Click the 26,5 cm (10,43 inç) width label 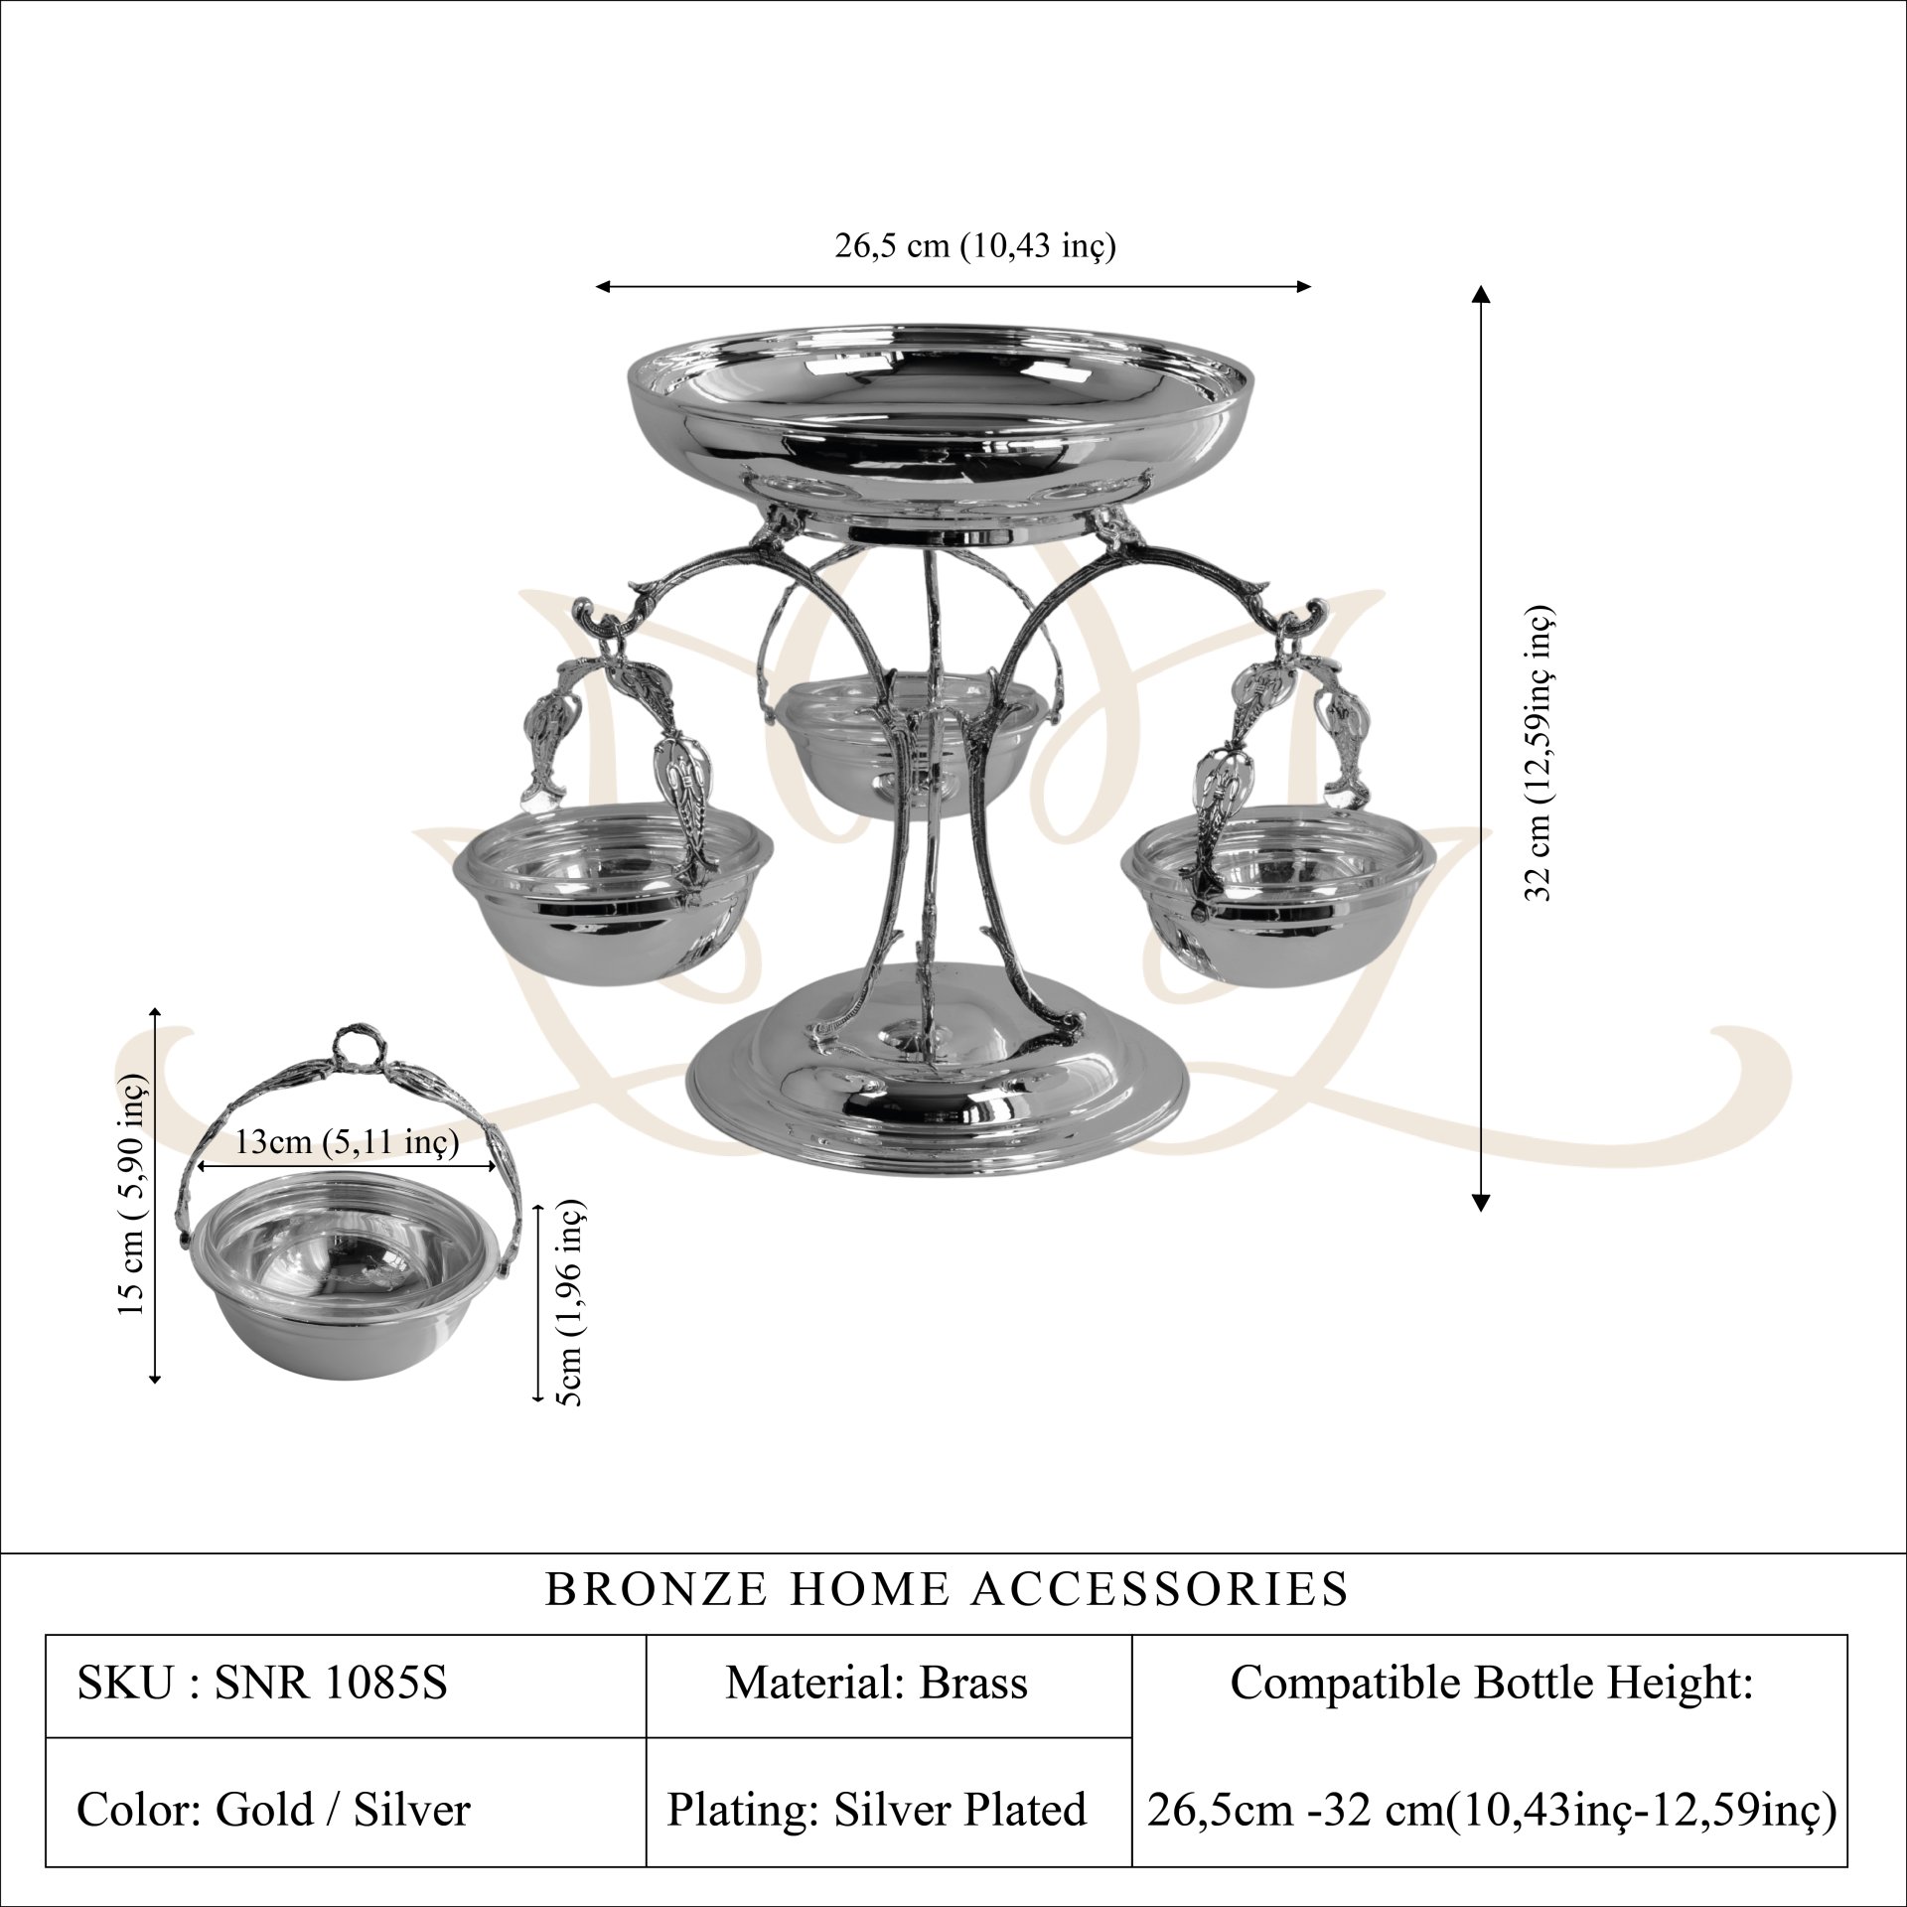tap(974, 244)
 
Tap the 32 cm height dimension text tap(1539, 752)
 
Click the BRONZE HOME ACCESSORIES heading tap(948, 1588)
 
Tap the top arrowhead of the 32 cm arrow tap(1481, 293)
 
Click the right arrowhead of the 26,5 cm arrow tap(1303, 287)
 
